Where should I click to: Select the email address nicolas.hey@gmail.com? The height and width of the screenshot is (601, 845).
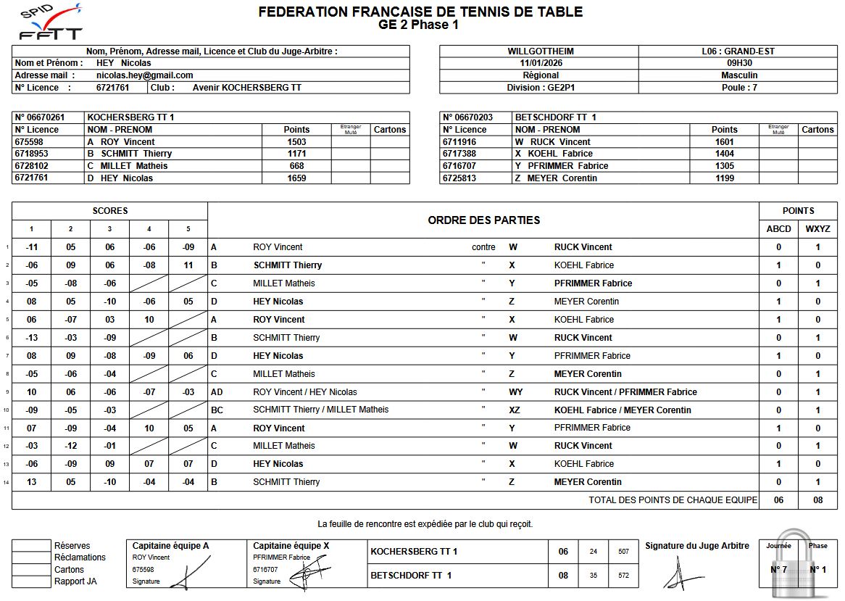(x=144, y=75)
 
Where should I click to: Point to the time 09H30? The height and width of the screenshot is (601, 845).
(x=739, y=63)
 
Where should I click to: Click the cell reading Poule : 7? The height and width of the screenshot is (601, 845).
(x=739, y=88)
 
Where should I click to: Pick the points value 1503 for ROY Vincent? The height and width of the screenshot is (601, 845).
(x=296, y=142)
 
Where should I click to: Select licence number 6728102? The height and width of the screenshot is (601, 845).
(x=31, y=166)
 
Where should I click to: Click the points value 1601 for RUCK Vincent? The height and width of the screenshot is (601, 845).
(x=724, y=142)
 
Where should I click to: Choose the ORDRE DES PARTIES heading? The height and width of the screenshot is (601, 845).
(x=483, y=220)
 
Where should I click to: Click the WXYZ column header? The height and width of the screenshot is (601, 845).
(x=817, y=229)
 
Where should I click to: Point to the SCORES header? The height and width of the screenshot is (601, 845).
(x=110, y=211)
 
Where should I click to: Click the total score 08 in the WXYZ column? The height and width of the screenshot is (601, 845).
(x=817, y=500)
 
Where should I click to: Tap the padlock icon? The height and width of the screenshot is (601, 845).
(x=798, y=565)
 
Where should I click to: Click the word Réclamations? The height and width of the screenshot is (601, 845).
(x=80, y=558)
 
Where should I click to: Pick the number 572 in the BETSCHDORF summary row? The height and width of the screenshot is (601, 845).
(x=623, y=576)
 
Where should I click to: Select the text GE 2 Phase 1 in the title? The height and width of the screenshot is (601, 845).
(x=419, y=25)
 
